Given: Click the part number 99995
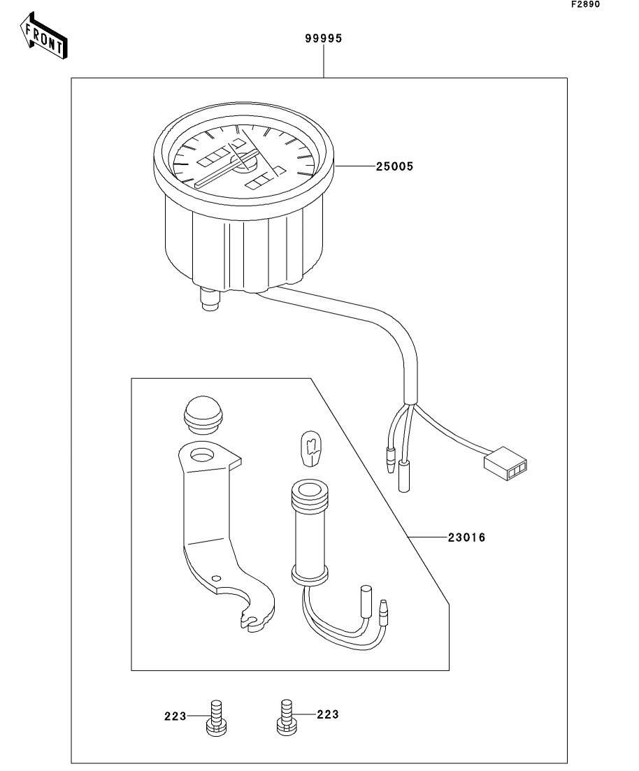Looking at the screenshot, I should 323,39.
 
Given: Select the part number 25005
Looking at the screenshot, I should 394,166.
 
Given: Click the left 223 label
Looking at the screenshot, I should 176,716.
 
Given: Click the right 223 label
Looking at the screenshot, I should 327,714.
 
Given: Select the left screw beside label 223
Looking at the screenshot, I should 215,717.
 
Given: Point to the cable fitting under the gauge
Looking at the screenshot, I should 208,301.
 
